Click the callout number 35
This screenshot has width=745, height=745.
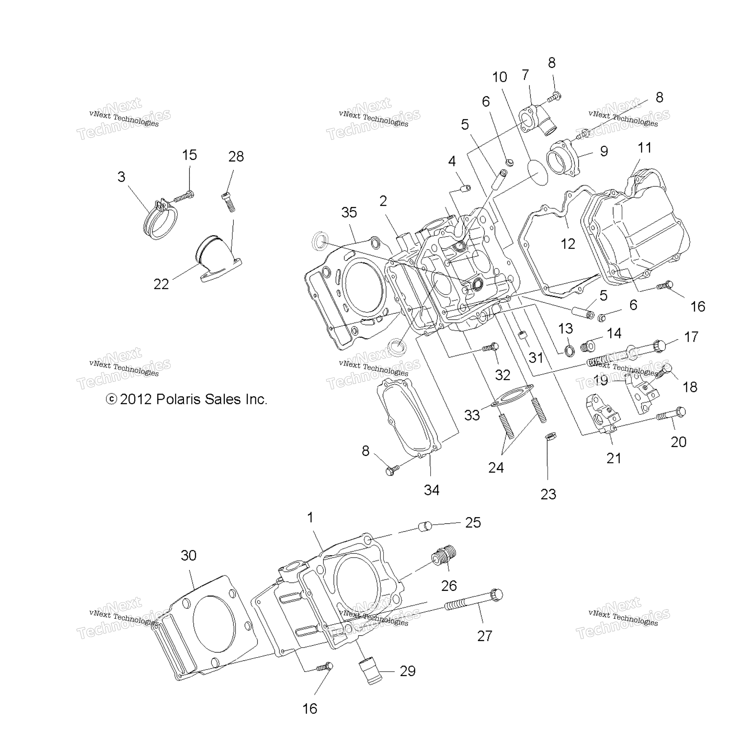349,212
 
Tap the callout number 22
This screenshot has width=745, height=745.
161,284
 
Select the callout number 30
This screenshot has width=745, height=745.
189,555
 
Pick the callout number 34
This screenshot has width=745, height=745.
431,490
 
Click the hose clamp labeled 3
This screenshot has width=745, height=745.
161,220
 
